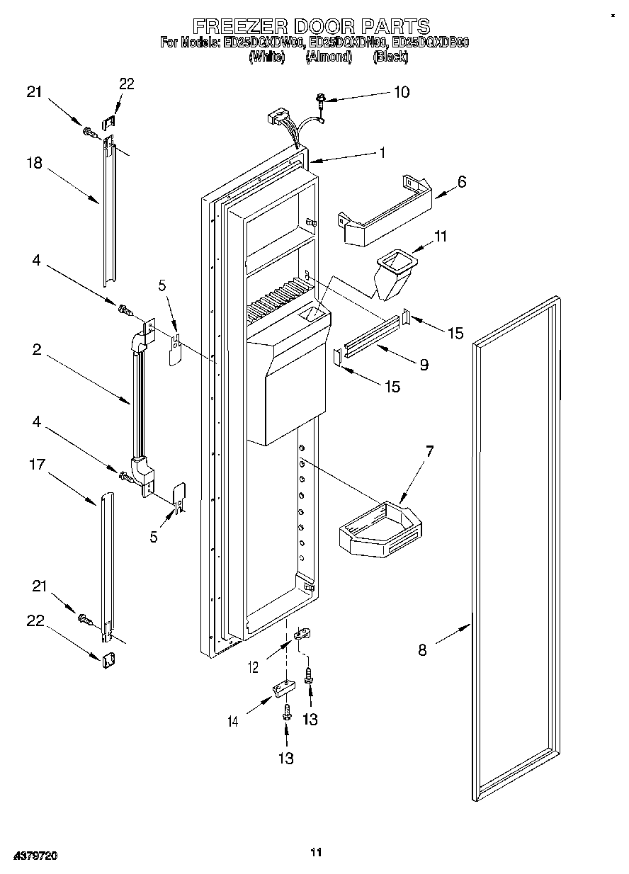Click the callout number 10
click(401, 92)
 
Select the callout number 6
click(461, 181)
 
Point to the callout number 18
click(35, 163)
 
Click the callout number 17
click(37, 465)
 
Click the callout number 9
click(424, 365)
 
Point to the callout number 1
click(382, 152)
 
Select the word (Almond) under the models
click(329, 57)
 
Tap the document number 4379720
click(29, 856)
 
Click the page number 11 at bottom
click(316, 852)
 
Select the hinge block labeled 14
click(283, 689)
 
